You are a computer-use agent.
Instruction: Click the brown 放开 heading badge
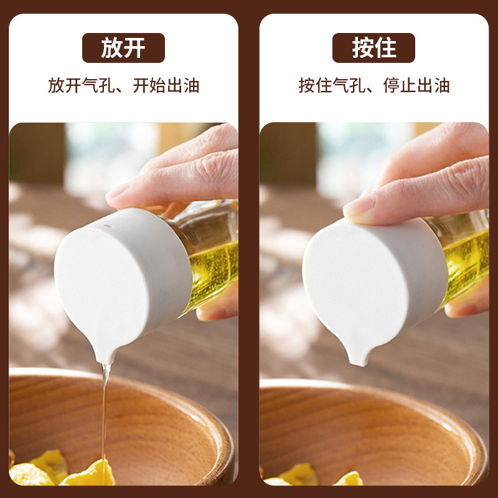click(x=123, y=48)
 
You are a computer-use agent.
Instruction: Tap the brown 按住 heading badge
click(x=374, y=48)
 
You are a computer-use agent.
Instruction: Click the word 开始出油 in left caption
click(x=166, y=86)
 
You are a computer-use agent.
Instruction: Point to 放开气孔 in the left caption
click(x=80, y=86)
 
